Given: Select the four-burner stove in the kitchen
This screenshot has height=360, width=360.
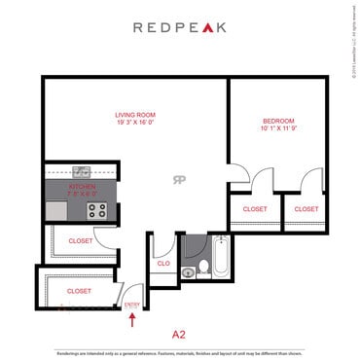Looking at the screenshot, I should tap(96, 209).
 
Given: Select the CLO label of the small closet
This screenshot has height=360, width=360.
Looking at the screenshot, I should tap(162, 262).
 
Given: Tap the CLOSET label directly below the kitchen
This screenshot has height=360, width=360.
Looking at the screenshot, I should tap(80, 241).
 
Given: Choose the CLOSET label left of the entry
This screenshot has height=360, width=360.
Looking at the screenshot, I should tap(79, 290).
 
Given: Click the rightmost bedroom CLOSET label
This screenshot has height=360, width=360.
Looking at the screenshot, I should tap(306, 208).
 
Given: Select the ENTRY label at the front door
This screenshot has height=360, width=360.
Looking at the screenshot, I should tap(133, 303).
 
